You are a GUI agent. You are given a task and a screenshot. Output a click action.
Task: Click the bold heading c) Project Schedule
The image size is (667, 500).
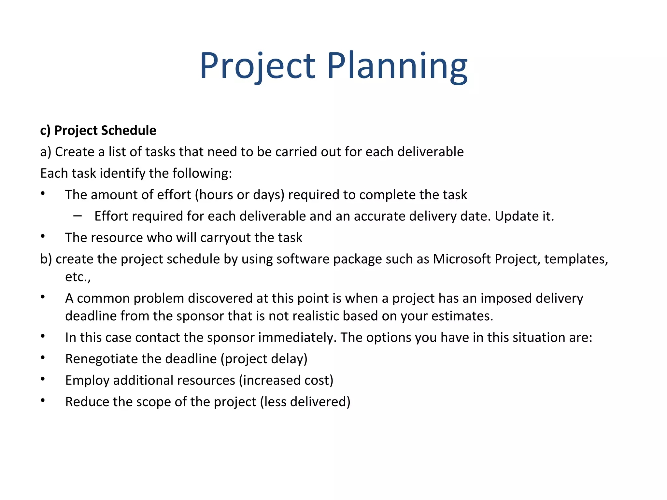click(x=98, y=131)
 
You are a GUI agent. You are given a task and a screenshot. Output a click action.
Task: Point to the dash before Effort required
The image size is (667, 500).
click(x=78, y=216)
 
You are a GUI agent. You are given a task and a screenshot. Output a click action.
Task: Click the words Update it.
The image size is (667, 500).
click(x=524, y=216)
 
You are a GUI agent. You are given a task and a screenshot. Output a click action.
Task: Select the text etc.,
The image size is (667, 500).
click(x=78, y=277)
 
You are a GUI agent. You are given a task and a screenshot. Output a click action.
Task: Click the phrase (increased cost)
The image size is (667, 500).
click(x=286, y=381)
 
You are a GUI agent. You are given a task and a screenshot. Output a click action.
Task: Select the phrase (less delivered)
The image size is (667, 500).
click(x=305, y=402)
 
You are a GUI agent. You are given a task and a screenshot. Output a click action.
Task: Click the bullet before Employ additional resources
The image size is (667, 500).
click(x=43, y=379)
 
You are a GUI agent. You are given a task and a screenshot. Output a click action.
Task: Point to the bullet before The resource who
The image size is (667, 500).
click(x=43, y=237)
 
